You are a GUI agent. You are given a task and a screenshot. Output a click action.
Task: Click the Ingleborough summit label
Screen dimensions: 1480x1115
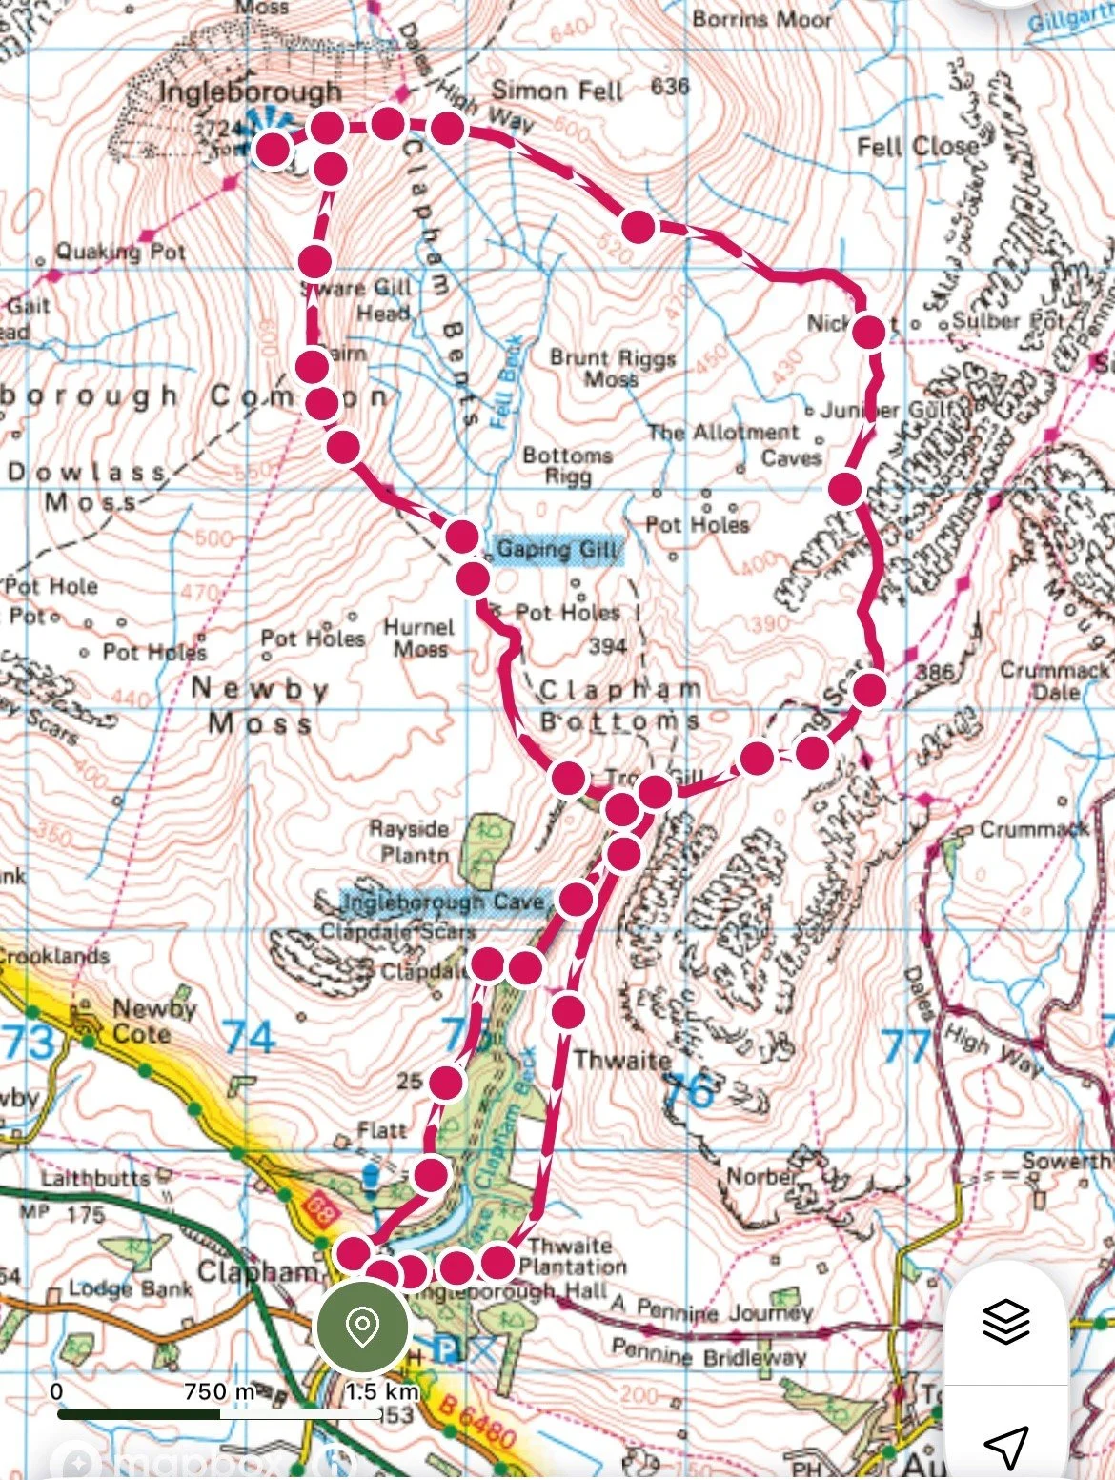pyautogui.click(x=250, y=92)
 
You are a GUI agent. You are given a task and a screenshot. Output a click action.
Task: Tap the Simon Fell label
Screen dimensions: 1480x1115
pyautogui.click(x=557, y=91)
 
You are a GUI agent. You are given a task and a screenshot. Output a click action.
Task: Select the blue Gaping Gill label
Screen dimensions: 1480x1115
pyautogui.click(x=557, y=549)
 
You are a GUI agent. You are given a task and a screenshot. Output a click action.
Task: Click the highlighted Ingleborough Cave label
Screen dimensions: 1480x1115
pyautogui.click(x=443, y=902)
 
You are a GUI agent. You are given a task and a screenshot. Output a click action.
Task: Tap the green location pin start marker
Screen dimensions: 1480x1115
pyautogui.click(x=362, y=1327)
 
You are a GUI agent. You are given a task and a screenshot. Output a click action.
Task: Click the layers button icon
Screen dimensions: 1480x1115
pyautogui.click(x=1005, y=1322)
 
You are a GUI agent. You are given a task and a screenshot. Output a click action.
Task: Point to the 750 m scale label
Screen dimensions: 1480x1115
pyautogui.click(x=219, y=1391)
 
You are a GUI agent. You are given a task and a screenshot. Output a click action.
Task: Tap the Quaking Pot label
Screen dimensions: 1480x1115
pyautogui.click(x=120, y=253)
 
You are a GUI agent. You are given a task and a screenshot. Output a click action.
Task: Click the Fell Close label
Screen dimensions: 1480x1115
pyautogui.click(x=917, y=147)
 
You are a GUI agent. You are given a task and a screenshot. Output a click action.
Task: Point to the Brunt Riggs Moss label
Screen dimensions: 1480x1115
pyautogui.click(x=613, y=368)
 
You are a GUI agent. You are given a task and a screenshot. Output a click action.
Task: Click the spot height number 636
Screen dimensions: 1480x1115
pyautogui.click(x=670, y=87)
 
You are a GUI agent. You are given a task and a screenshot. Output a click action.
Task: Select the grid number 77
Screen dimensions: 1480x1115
pyautogui.click(x=904, y=1045)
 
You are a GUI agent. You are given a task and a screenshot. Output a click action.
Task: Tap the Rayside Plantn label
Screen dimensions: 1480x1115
pyautogui.click(x=410, y=841)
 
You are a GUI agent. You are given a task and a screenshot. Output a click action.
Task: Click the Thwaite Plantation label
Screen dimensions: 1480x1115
pyautogui.click(x=572, y=1256)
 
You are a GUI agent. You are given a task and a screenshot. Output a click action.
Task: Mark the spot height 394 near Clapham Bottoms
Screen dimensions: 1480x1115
pyautogui.click(x=607, y=646)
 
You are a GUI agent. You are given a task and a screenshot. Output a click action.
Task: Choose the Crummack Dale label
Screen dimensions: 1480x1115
pyautogui.click(x=1054, y=680)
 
